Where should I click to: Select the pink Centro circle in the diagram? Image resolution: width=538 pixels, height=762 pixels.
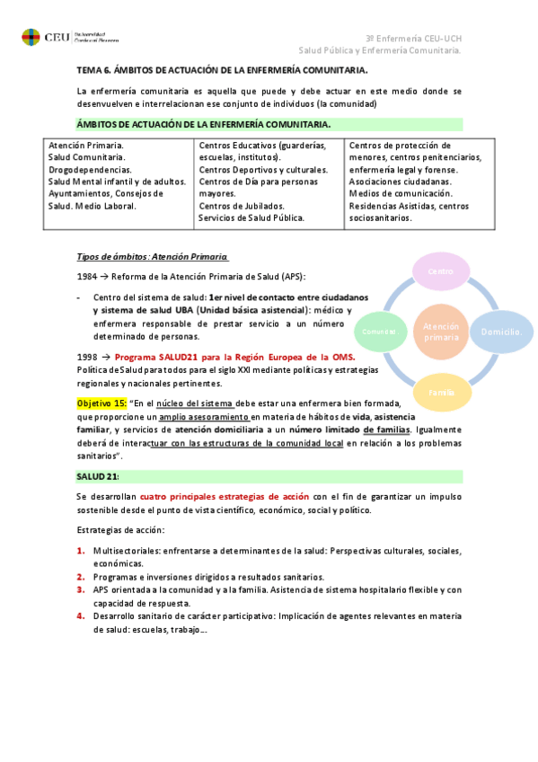(x=439, y=271)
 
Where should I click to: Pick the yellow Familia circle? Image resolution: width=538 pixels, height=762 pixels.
(x=440, y=392)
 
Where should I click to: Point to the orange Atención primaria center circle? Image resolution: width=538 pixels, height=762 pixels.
(x=440, y=332)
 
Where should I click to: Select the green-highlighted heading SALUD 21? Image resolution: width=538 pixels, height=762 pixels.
(x=97, y=475)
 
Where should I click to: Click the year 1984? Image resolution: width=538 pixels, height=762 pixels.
(x=87, y=276)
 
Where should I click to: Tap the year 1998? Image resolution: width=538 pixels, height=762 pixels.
(x=87, y=357)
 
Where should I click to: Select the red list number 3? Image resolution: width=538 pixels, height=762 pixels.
(x=80, y=589)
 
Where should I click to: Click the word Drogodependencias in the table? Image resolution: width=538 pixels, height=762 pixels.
(x=90, y=169)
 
